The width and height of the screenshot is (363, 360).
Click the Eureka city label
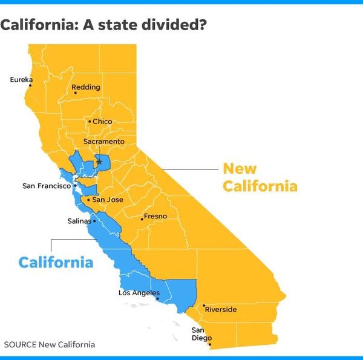(21, 79)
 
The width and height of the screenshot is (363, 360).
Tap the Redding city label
(86, 88)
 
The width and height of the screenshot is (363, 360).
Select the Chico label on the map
(102, 122)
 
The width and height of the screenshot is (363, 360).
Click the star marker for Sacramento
(99, 162)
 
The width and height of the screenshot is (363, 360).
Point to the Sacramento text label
(103, 142)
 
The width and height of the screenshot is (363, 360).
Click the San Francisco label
(46, 186)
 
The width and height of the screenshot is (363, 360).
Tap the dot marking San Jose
(88, 200)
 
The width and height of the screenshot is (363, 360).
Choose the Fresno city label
(155, 216)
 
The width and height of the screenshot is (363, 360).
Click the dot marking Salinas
(94, 221)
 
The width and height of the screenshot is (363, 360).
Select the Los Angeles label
(139, 293)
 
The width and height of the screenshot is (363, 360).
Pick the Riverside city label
(221, 310)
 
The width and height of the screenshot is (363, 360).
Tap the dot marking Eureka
(30, 85)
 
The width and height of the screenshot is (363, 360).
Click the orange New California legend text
(260, 177)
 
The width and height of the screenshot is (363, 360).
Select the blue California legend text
(56, 263)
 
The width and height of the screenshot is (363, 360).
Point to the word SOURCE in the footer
(20, 345)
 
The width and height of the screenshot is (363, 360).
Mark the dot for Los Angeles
(157, 299)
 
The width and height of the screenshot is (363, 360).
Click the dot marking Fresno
(142, 219)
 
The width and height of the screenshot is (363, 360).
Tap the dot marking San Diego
(210, 345)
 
